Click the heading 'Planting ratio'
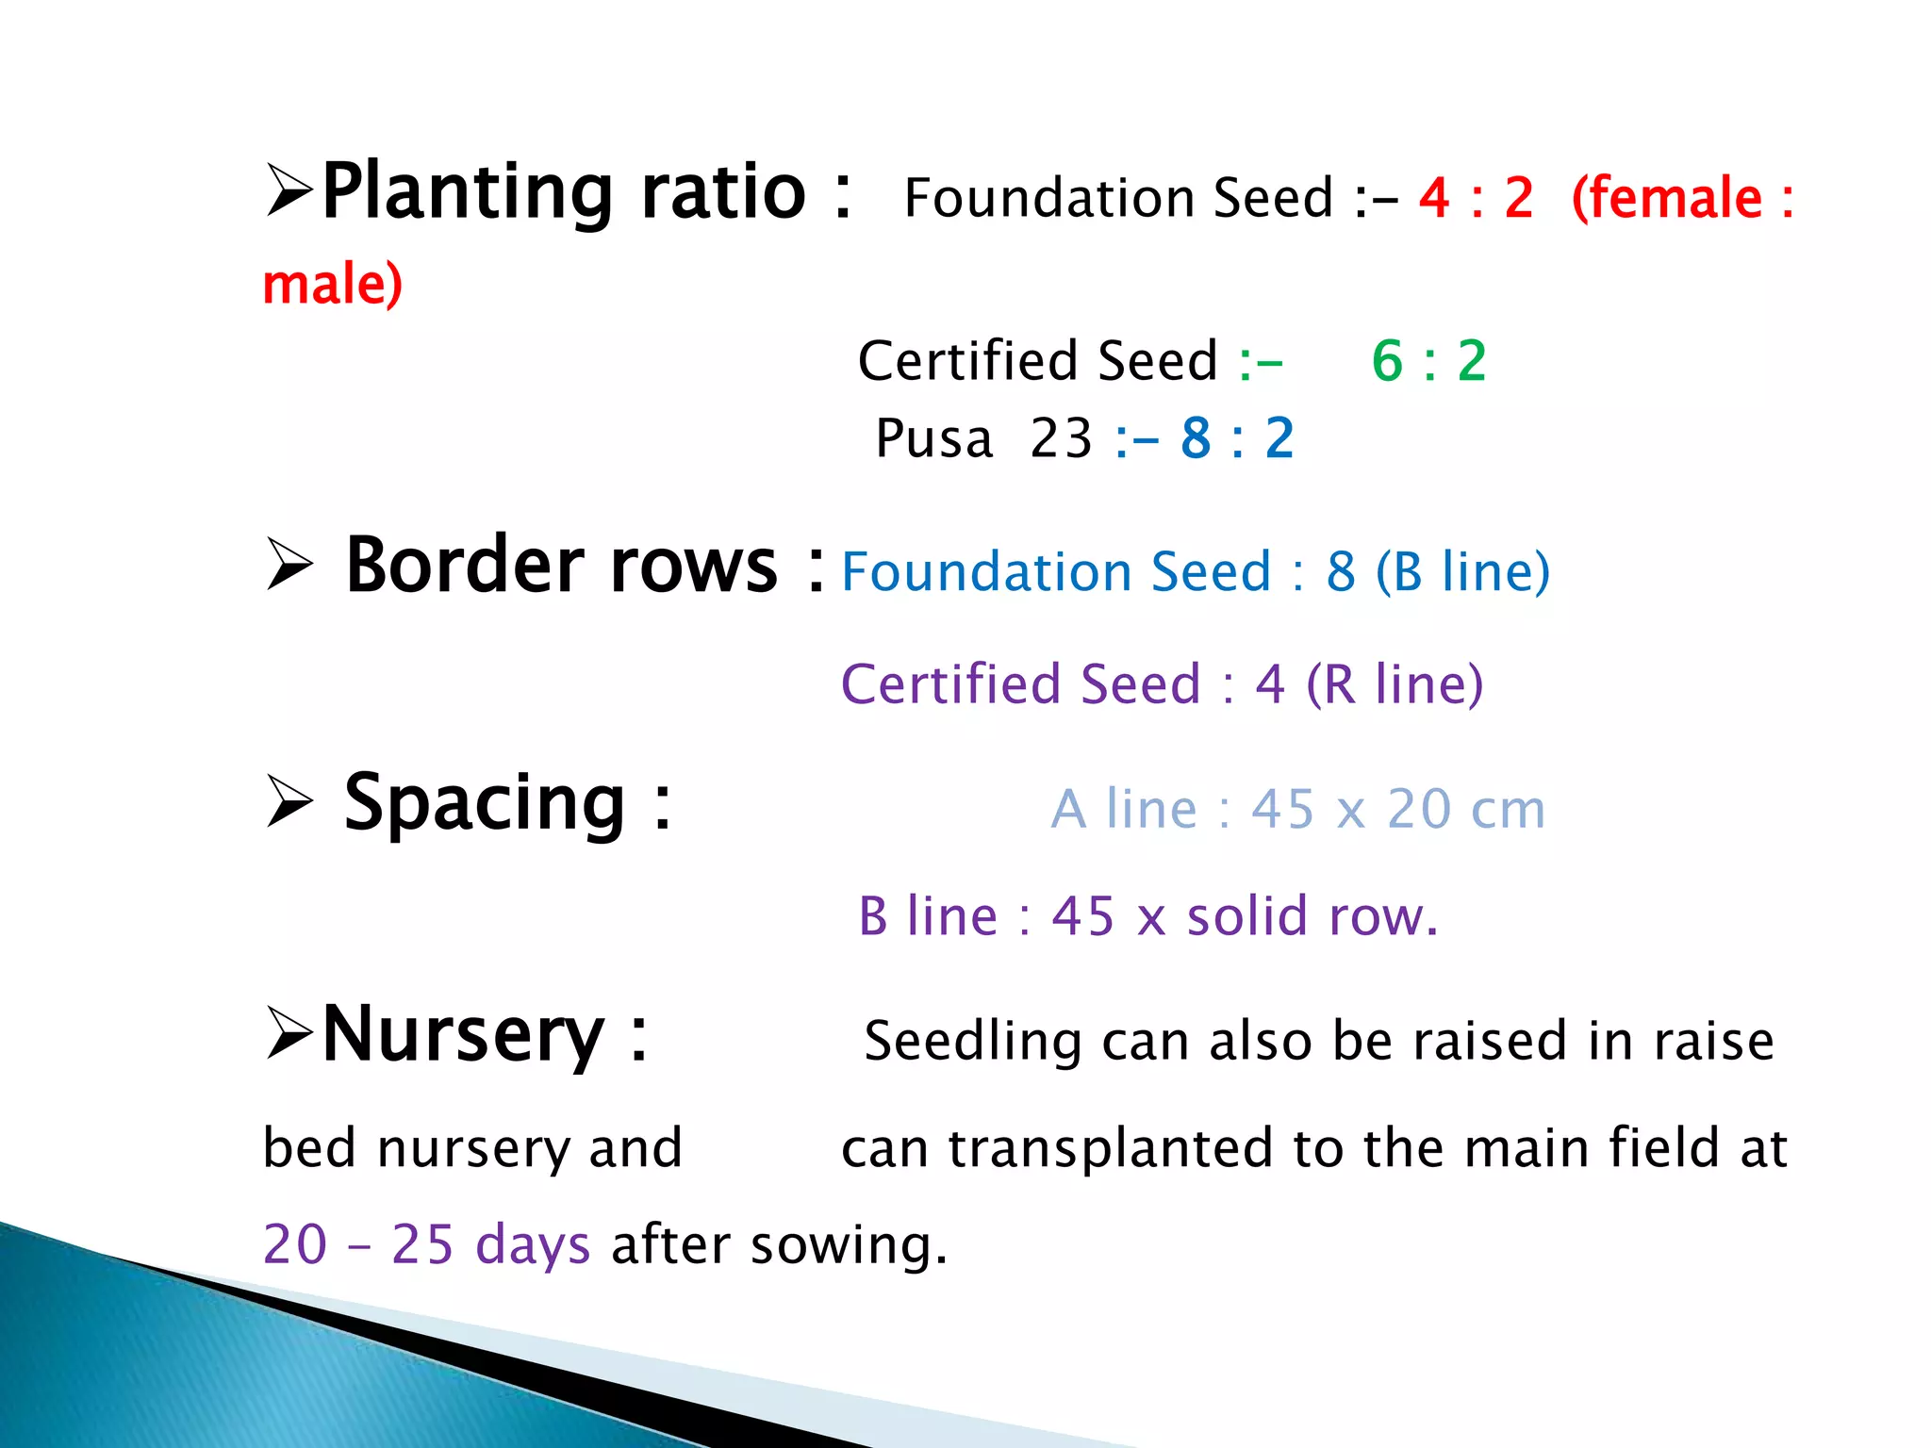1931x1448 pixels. pos(564,193)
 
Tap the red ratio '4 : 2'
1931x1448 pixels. pos(1476,199)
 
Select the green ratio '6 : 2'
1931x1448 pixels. pos(1428,361)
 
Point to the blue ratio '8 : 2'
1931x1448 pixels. pos(1237,438)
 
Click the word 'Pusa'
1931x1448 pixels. pos(933,439)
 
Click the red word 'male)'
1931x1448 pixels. pos(333,285)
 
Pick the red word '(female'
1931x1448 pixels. pos(1666,199)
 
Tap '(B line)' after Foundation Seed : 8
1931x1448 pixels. pos(1462,572)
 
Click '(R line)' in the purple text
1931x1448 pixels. pos(1395,684)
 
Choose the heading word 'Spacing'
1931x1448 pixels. pos(485,803)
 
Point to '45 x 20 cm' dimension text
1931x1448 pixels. pos(1397,810)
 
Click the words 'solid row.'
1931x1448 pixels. pos(1312,916)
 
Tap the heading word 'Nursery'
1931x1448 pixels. pos(463,1035)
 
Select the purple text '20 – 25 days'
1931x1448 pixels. pos(426,1244)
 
